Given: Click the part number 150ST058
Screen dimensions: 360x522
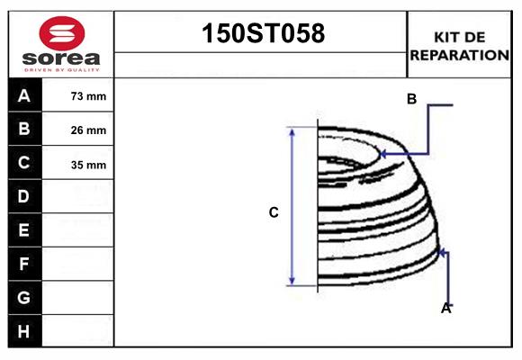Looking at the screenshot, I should pyautogui.click(x=261, y=34).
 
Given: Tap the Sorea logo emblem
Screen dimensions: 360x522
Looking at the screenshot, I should pyautogui.click(x=61, y=33).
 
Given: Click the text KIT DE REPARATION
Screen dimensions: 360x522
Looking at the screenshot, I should pyautogui.click(x=460, y=46).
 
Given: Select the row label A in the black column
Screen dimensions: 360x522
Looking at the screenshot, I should pyautogui.click(x=24, y=96).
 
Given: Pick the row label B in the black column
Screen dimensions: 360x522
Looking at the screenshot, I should pyautogui.click(x=24, y=130).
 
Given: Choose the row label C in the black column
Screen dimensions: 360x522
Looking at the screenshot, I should pyautogui.click(x=24, y=164).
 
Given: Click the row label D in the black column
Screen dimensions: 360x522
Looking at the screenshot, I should pyautogui.click(x=24, y=196).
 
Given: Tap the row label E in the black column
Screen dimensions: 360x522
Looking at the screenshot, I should pyautogui.click(x=24, y=230).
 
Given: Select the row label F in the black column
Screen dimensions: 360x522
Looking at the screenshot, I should pyautogui.click(x=24, y=264).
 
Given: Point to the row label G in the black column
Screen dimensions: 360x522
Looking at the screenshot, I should pyautogui.click(x=24, y=297).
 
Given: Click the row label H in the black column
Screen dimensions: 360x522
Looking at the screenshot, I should pyautogui.click(x=24, y=331).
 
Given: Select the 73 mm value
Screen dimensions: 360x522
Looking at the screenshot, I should pyautogui.click(x=88, y=96).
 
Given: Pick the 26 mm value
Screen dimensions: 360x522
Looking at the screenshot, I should pyautogui.click(x=88, y=130).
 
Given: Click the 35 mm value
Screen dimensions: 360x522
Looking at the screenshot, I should pyautogui.click(x=88, y=165).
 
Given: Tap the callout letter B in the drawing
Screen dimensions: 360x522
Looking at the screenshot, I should pyautogui.click(x=411, y=99).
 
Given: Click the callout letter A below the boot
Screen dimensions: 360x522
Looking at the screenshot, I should pyautogui.click(x=445, y=309).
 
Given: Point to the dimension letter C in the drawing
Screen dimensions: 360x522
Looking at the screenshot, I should pyautogui.click(x=274, y=213).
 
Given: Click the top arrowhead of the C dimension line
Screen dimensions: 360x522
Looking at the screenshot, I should pyautogui.click(x=292, y=131).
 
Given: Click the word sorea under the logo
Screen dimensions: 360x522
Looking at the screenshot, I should pyautogui.click(x=61, y=59).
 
